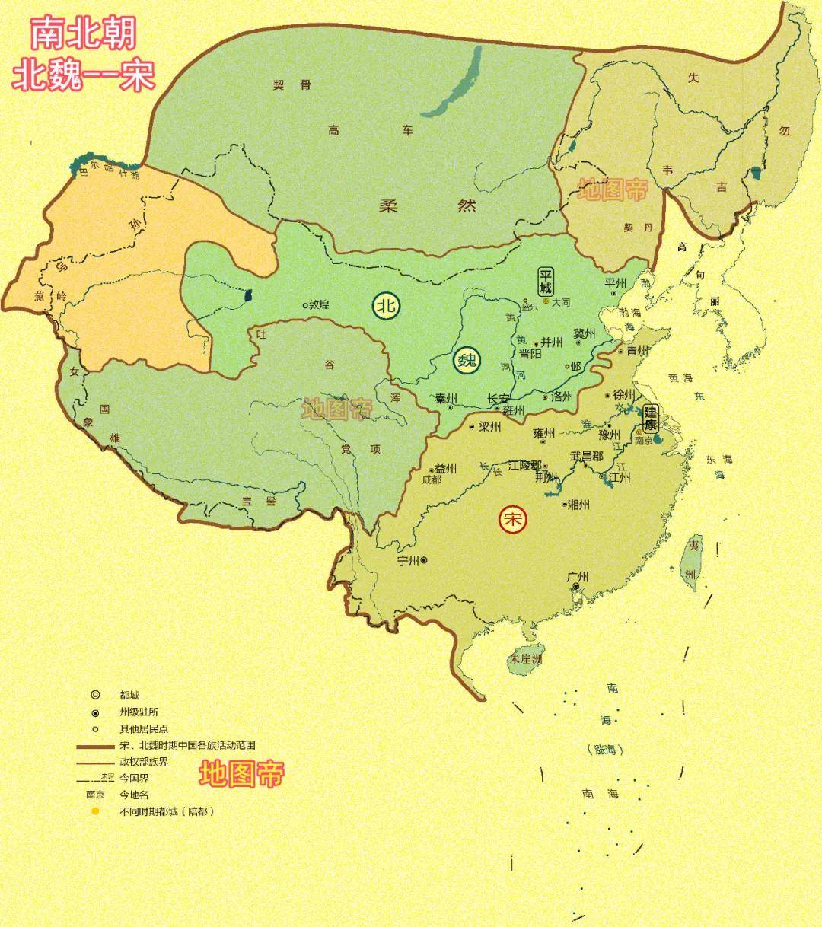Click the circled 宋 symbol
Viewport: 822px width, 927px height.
[512, 520]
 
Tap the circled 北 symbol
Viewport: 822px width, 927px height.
[385, 306]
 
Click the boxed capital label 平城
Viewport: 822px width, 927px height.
[546, 281]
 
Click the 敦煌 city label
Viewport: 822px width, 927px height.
[318, 304]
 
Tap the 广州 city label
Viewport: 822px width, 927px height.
[578, 577]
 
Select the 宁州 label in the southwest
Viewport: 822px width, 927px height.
[408, 560]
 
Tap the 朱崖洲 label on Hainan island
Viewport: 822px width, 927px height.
[526, 658]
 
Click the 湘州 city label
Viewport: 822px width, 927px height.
[578, 504]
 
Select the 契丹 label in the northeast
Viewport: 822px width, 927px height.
[639, 228]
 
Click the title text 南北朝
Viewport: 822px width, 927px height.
[84, 35]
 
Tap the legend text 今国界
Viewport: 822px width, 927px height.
[134, 779]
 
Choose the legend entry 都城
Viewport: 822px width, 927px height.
[129, 695]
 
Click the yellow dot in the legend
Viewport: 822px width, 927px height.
[95, 811]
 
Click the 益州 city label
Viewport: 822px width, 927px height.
[445, 469]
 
